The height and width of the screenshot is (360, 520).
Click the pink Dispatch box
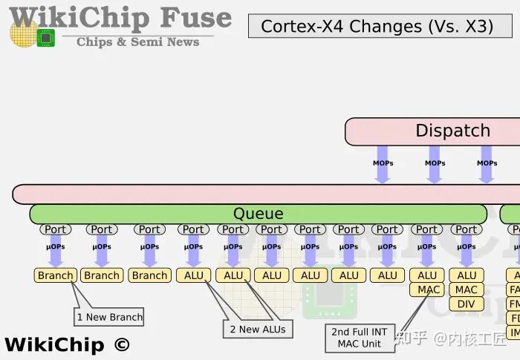coord(452,131)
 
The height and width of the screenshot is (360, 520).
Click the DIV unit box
coord(467,304)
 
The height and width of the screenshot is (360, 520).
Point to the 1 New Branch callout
coord(109,317)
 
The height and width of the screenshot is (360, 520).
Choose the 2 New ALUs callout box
coord(257,329)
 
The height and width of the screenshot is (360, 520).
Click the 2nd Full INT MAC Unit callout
coord(360,338)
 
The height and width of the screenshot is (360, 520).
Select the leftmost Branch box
coord(56,275)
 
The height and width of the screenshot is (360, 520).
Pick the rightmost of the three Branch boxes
coord(149,275)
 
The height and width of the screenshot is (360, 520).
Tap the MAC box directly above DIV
coord(467,289)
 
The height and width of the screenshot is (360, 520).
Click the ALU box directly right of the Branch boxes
coord(194,275)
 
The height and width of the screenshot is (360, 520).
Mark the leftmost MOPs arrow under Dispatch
coord(383,169)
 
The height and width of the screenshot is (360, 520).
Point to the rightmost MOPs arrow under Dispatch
coord(487,169)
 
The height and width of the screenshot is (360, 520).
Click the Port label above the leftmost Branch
coord(56,230)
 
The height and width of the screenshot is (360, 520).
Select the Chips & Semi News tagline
coord(138,42)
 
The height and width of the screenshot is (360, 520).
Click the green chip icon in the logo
coord(46,37)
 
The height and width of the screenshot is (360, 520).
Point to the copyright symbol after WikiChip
coord(121,344)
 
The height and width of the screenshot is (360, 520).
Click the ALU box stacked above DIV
coord(467,275)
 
